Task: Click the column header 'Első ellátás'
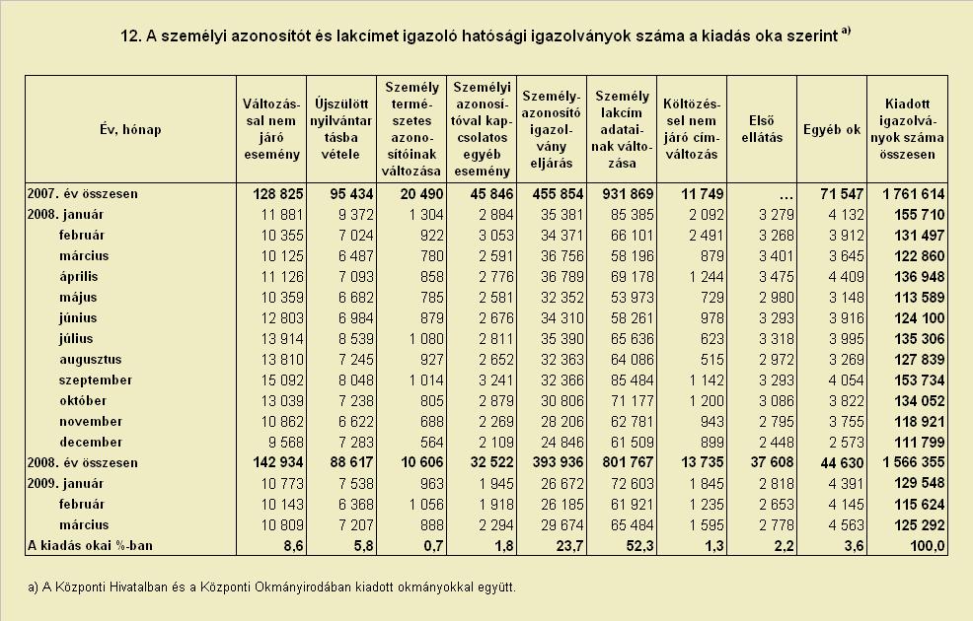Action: [762, 129]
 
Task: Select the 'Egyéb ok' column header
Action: [832, 129]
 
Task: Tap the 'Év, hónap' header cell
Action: [130, 129]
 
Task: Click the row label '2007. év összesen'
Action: [83, 194]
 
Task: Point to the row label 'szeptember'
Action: [96, 379]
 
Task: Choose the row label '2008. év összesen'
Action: [83, 462]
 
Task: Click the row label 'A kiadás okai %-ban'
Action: [90, 545]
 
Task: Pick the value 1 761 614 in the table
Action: [914, 194]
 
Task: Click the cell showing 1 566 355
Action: [914, 462]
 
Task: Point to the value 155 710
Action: [920, 215]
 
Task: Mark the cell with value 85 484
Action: [633, 379]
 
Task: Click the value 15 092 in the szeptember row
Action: [282, 379]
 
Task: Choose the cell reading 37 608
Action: [772, 462]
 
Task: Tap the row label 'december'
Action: [91, 442]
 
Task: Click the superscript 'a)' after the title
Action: [846, 31]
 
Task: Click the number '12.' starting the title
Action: [130, 35]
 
